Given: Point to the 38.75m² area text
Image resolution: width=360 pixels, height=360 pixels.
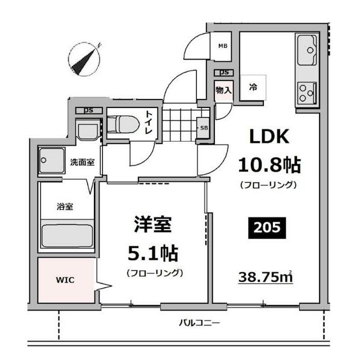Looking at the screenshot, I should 267,278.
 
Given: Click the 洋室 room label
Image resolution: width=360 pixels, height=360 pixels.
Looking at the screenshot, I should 151,225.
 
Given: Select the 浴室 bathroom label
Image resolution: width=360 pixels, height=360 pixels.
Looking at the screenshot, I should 64,206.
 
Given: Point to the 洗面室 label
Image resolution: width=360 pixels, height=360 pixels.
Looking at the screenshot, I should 82,163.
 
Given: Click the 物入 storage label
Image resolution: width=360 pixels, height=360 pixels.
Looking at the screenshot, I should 222,90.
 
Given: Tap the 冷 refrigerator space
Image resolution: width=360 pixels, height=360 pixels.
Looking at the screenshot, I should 254,87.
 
